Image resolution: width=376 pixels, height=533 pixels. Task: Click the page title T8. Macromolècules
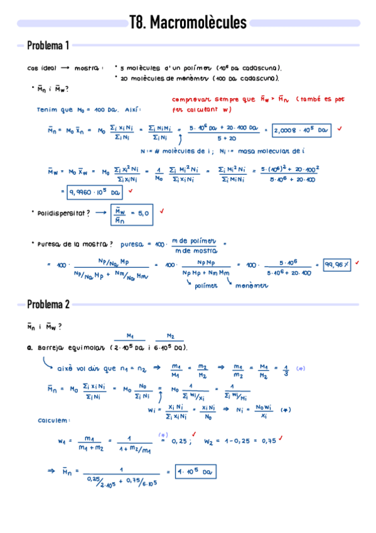[x=188, y=23]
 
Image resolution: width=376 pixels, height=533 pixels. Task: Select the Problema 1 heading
[x=48, y=45]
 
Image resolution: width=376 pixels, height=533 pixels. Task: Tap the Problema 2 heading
[x=48, y=305]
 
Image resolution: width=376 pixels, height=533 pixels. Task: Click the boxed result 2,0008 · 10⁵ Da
[x=301, y=130]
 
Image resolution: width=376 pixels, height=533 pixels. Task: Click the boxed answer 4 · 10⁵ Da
[x=196, y=471]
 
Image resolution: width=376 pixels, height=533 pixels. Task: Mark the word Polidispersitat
[x=60, y=214]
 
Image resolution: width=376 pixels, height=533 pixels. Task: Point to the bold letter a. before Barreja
[x=30, y=348]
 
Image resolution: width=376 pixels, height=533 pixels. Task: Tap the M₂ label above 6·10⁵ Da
[x=171, y=335]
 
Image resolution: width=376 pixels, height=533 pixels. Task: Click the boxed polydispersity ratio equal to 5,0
[x=132, y=214]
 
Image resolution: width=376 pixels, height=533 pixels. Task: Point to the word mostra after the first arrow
[x=87, y=69]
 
